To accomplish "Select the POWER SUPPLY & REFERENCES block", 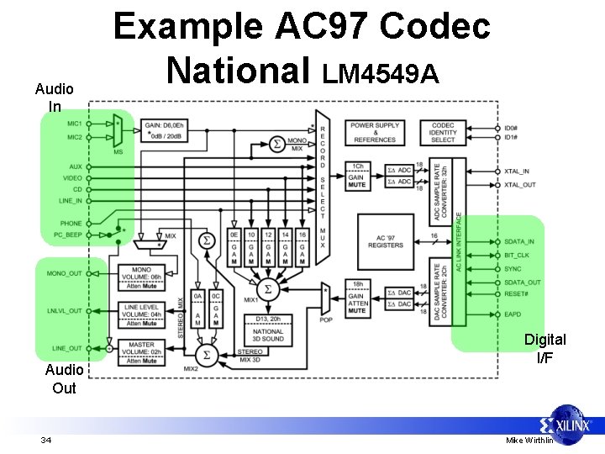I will point(375,132).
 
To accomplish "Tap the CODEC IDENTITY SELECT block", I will point(443,132).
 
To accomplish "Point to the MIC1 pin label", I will point(76,123).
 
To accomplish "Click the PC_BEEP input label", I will point(69,235).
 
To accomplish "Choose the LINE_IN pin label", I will point(70,200).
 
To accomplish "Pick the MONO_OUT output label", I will point(65,273).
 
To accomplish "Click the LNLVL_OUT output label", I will point(65,311).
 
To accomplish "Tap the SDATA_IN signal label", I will point(519,241).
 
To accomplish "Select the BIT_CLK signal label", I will point(516,255).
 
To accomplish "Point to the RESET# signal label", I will point(517,295).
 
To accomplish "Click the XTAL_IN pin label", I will point(518,171).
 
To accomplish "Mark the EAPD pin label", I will point(513,314).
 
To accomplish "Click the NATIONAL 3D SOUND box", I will point(268,331).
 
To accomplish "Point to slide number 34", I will point(45,441).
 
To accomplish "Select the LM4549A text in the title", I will point(381,75).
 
